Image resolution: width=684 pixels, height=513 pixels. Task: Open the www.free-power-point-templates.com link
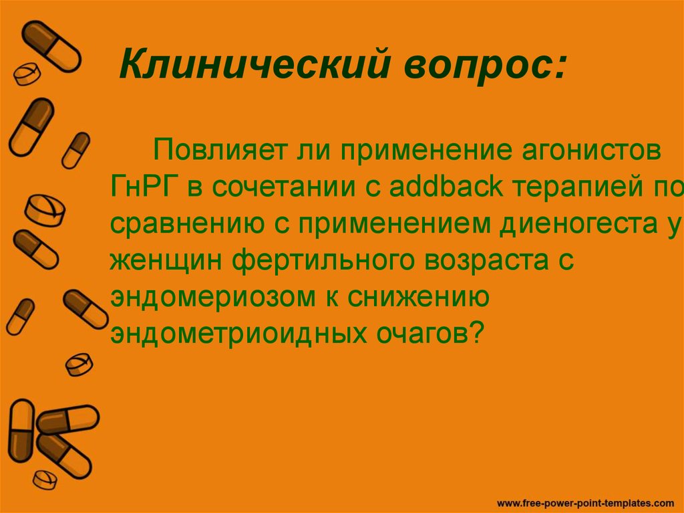click(x=586, y=501)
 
